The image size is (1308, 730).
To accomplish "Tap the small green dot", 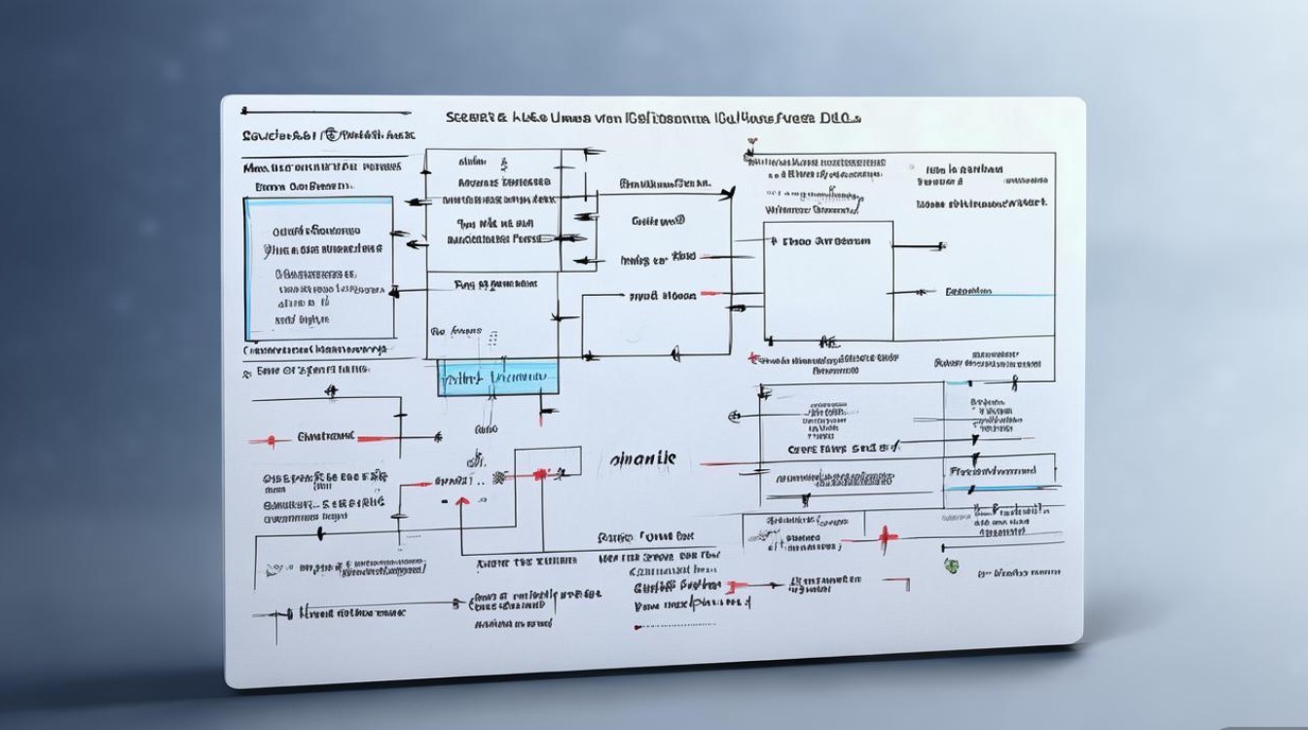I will tap(950, 566).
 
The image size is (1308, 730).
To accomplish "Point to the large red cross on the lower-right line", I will tap(885, 537).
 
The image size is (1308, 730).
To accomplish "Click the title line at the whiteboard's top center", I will tap(653, 118).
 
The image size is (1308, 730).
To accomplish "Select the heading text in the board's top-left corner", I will tap(328, 135).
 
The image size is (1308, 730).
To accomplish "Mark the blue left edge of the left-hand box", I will tap(247, 268).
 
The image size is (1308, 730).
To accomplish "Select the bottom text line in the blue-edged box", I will tap(302, 318).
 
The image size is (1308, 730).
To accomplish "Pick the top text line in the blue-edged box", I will tap(317, 232).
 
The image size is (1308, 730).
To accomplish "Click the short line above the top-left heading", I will tap(325, 111).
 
